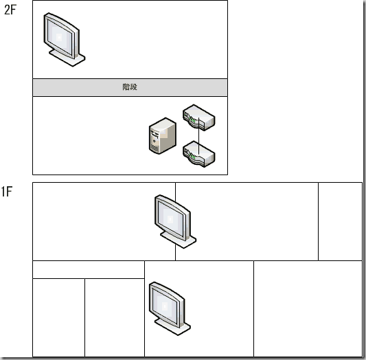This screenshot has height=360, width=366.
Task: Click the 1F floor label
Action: pos(8,192)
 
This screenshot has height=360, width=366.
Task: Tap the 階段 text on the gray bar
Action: pos(130,87)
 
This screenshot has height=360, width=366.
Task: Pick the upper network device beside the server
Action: pos(199,118)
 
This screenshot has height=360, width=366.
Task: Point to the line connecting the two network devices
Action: pos(199,136)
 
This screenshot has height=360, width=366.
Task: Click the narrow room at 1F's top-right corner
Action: pos(340,221)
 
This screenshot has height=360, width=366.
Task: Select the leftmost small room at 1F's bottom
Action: pos(58,317)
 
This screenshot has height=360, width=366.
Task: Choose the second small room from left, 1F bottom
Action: pos(114,317)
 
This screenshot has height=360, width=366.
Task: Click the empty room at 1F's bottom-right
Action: pos(308,308)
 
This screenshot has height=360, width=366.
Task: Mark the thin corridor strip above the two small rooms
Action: pos(88,269)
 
